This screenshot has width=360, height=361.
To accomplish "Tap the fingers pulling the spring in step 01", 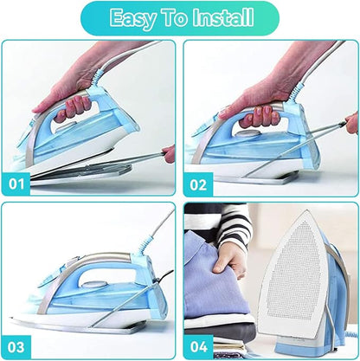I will coord(168,153).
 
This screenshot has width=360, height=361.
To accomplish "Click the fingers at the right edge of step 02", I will coord(351,122).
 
